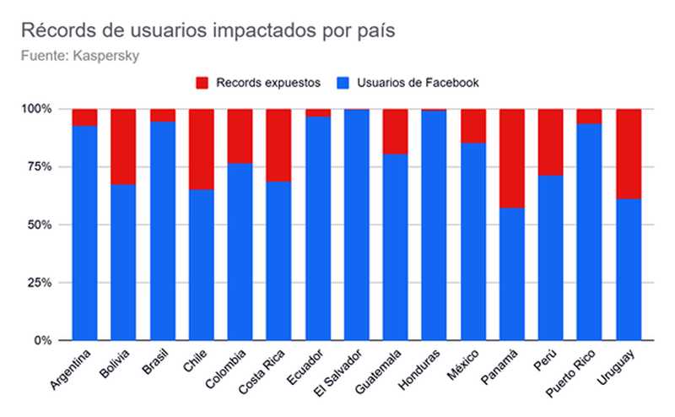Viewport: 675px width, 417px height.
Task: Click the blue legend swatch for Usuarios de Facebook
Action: [x=343, y=83]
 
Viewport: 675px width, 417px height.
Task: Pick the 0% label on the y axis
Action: [x=41, y=341]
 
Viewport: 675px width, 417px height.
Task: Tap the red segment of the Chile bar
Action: [x=201, y=149]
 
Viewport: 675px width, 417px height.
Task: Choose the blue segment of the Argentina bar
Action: [x=84, y=233]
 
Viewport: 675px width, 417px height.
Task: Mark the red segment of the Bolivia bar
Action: [x=123, y=146]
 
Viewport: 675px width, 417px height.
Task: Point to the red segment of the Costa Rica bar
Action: [x=278, y=145]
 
